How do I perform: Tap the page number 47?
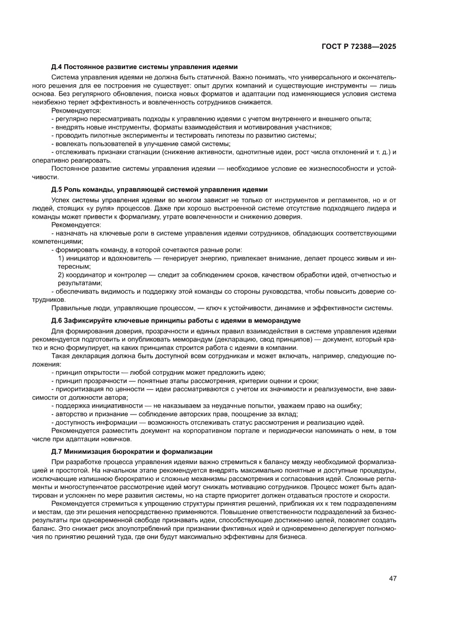tap(392, 578)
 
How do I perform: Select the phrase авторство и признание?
tap(87, 414)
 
